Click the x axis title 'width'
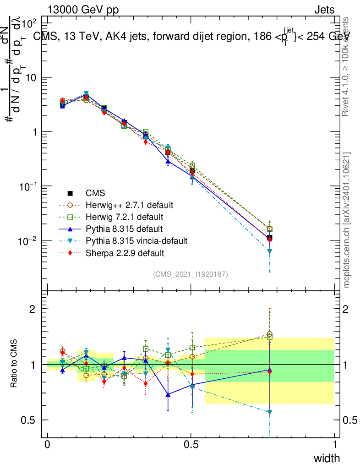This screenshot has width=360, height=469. (326, 458)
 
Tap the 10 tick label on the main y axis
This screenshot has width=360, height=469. (30, 78)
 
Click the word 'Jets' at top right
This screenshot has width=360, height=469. (324, 10)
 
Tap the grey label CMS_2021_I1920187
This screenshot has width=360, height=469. (191, 274)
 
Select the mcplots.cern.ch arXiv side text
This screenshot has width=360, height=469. (347, 220)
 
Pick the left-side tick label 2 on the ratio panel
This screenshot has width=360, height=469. (32, 309)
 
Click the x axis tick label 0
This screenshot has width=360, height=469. (48, 445)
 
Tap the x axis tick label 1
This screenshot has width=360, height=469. (334, 445)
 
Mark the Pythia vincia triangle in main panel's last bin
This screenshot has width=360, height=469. (270, 251)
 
